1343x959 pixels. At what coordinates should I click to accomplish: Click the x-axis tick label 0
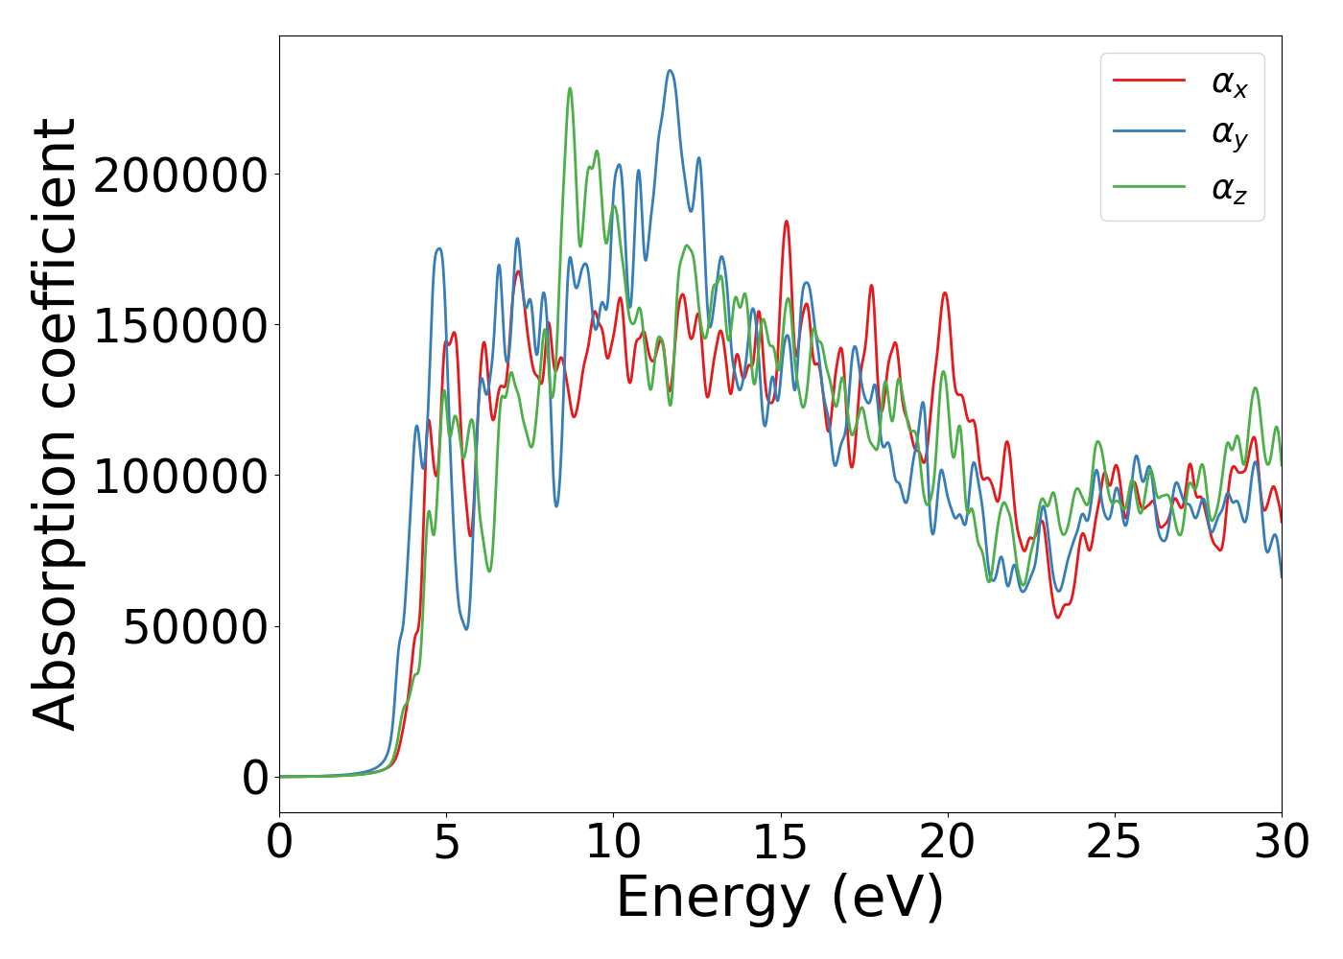coord(279,843)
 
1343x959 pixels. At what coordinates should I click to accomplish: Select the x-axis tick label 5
coord(446,843)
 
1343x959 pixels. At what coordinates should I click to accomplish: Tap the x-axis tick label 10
coord(613,843)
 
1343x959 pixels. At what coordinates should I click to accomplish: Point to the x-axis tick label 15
coord(780,843)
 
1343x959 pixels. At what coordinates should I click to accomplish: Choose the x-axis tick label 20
coord(947,843)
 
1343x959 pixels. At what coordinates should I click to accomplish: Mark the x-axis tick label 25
coord(1114,843)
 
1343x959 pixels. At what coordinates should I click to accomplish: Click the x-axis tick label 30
coord(1281,843)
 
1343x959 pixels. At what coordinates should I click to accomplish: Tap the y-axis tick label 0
coord(254,778)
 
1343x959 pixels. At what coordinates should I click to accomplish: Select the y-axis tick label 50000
coord(195,627)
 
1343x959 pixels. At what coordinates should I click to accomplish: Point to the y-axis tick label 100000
coord(179,477)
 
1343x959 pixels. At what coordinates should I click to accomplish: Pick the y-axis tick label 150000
coord(179,326)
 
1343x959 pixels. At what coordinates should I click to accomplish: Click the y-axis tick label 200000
coord(179,175)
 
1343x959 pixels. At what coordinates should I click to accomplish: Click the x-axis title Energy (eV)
coord(780,899)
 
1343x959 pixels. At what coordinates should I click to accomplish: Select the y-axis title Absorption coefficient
coord(55,424)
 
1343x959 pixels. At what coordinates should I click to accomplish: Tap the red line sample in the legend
coord(1148,81)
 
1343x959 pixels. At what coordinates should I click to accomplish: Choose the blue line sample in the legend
coord(1148,133)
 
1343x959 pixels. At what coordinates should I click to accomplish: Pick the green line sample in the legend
coord(1148,187)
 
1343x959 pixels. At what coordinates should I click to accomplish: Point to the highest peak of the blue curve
coord(670,70)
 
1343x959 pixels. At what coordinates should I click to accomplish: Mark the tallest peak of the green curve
coord(570,88)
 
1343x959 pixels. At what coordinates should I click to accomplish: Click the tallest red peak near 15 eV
coord(786,222)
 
